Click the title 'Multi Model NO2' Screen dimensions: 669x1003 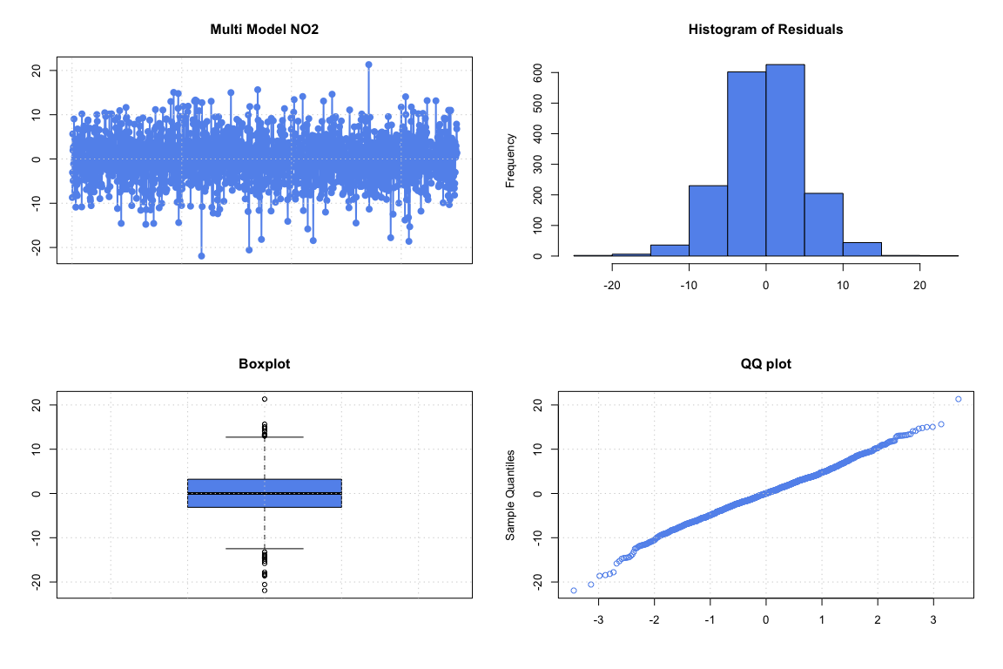(264, 30)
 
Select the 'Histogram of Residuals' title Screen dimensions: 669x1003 (765, 30)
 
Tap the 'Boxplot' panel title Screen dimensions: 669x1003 (264, 364)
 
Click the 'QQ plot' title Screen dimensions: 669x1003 (765, 364)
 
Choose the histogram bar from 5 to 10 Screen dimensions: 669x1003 (823, 225)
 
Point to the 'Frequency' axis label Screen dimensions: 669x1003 (511, 160)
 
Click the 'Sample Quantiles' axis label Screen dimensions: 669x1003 (511, 495)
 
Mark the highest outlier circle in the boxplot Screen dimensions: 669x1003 (265, 399)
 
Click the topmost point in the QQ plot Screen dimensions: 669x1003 (959, 399)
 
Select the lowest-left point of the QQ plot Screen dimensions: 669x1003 (573, 591)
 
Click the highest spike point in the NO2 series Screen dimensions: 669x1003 (368, 64)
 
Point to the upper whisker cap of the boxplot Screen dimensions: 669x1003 (265, 436)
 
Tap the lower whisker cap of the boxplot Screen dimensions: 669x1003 (265, 549)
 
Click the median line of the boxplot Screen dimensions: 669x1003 (265, 493)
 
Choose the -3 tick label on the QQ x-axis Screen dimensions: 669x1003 (598, 620)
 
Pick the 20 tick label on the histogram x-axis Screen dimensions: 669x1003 (919, 286)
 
